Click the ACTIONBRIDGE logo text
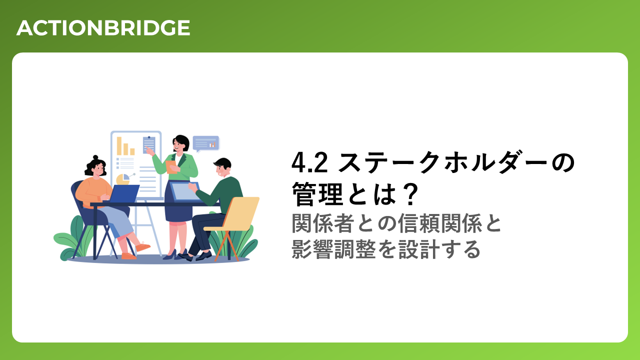pos(103,28)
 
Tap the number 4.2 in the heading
pos(309,162)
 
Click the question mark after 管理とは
pos(410,194)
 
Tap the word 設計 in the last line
pos(419,249)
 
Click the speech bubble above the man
pos(206,143)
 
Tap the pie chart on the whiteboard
pos(123,179)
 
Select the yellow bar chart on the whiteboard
pos(125,146)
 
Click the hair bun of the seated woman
pos(95,157)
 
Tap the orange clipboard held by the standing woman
pos(171,167)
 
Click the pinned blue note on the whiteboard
pos(149,144)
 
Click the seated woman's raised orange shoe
pos(143,246)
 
